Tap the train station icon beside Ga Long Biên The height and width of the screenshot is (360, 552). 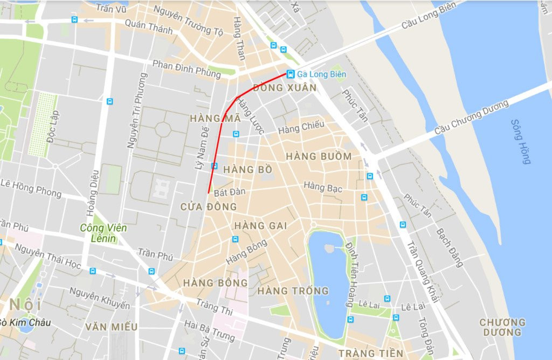click(291, 74)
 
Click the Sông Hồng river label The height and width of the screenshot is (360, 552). click(521, 141)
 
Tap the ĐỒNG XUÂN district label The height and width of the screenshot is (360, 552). click(284, 87)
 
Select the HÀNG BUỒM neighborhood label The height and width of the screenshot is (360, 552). click(319, 156)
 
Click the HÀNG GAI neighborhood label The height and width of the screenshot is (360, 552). click(261, 226)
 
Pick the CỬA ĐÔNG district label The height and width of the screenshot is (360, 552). click(209, 206)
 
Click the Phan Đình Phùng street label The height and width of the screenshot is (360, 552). click(187, 69)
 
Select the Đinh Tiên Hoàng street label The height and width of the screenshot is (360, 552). click(355, 266)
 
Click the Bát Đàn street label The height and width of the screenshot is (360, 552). click(230, 192)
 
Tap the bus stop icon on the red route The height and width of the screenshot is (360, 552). click(215, 166)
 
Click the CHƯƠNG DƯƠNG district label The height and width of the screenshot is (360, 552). click(502, 327)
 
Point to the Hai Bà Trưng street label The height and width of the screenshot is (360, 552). click(209, 330)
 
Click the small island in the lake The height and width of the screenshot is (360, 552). click(328, 248)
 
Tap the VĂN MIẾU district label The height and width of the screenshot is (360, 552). click(111, 327)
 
